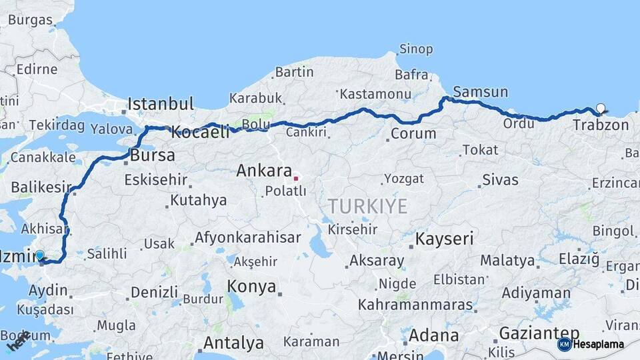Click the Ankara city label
pos(264,171)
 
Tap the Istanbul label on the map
pos(161,104)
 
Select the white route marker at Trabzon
pos(601,108)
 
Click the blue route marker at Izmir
pos(39,255)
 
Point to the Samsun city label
pos(480,92)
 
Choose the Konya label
pos(251,287)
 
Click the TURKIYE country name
pos(367,207)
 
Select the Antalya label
pos(233,343)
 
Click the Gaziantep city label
pos(539,333)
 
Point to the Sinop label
pos(416,49)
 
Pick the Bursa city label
pos(153,156)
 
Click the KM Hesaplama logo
pos(591,344)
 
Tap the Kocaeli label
pos(200,132)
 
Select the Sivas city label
pos(500,179)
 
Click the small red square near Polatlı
pos(296,179)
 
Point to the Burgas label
pos(30,20)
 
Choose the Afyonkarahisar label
pos(247,237)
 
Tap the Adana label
pos(433,335)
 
